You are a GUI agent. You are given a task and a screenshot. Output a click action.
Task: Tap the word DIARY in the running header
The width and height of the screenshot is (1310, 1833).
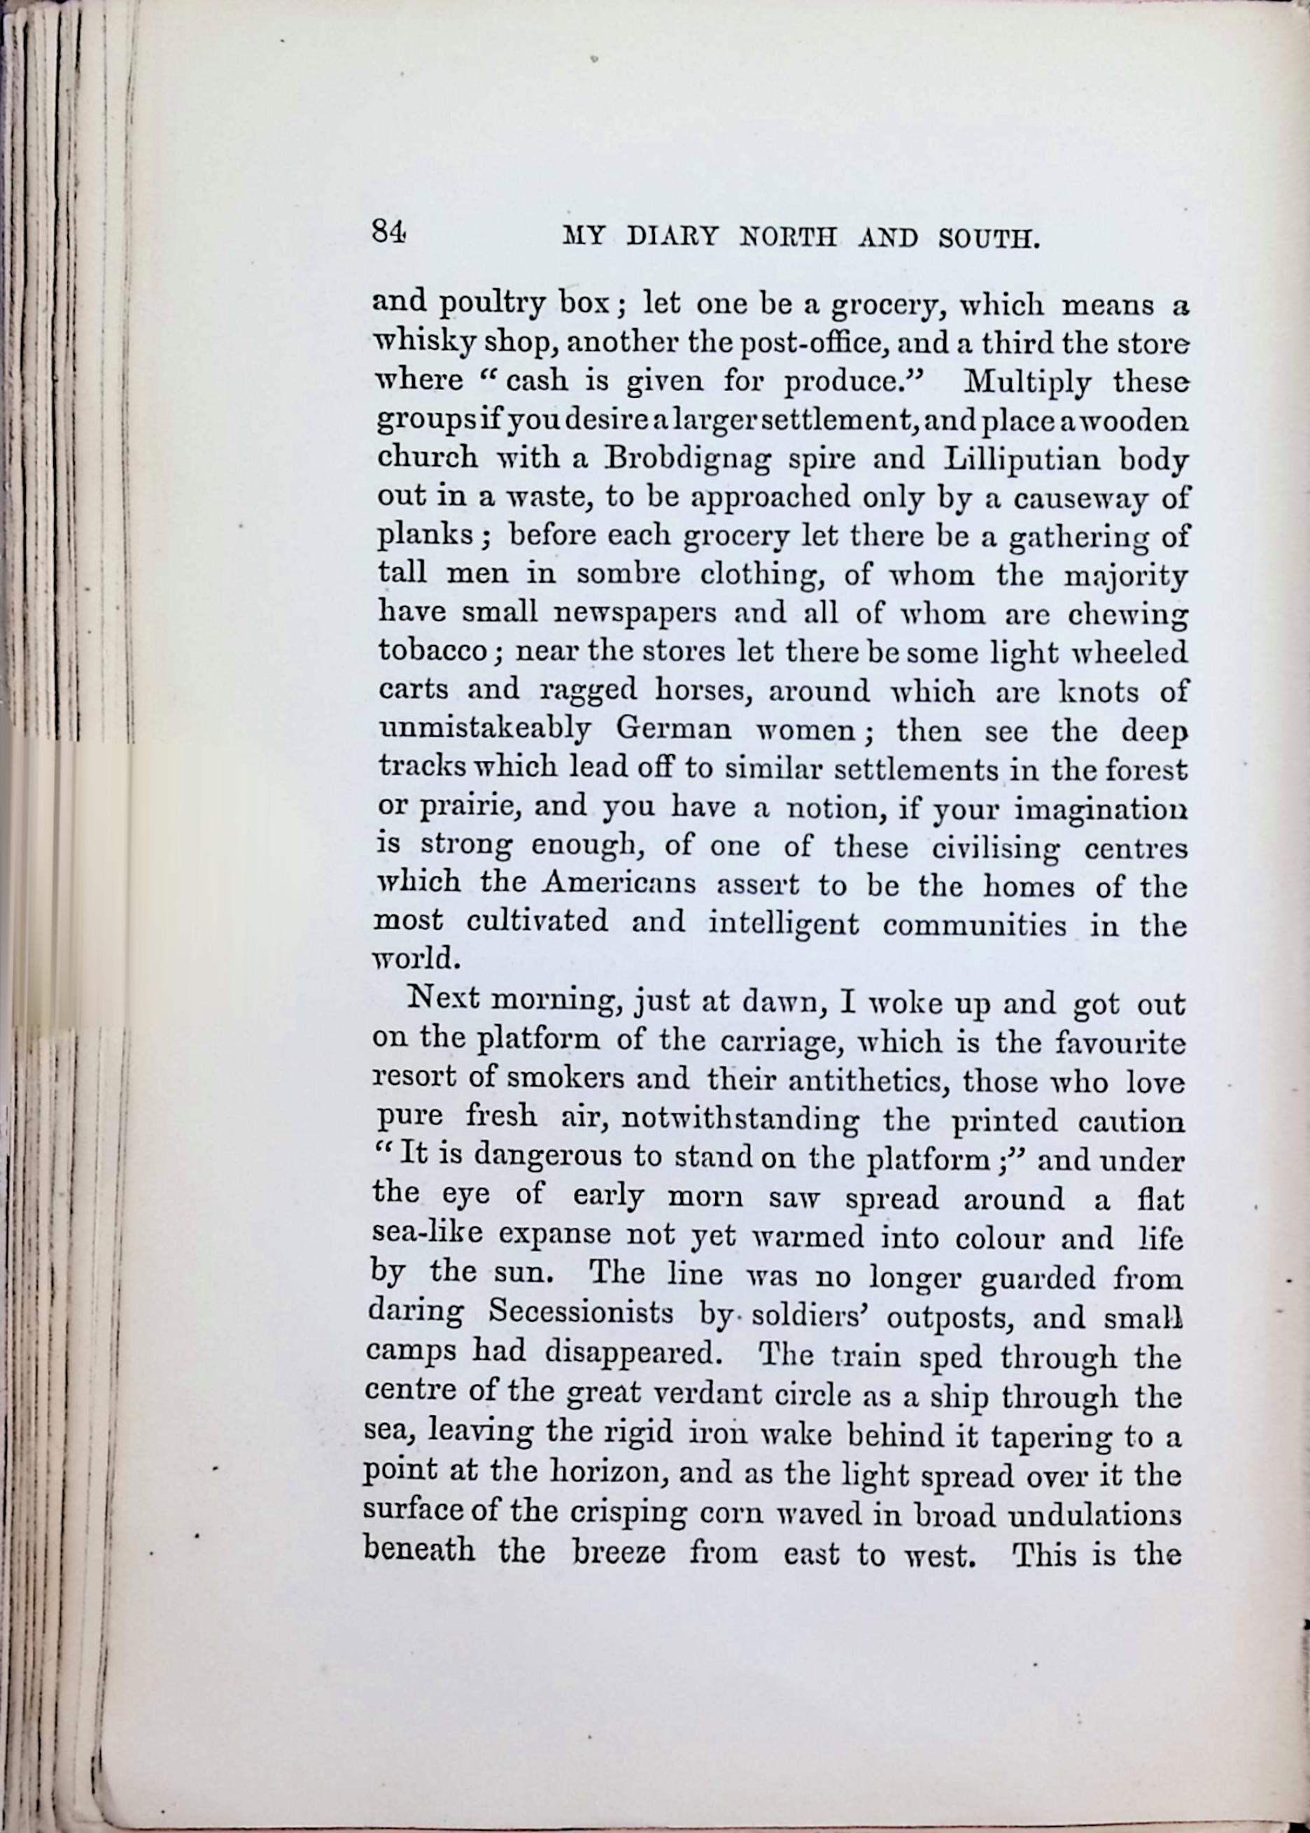(x=672, y=238)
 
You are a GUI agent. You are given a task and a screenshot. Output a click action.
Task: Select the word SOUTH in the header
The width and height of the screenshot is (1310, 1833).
(x=986, y=239)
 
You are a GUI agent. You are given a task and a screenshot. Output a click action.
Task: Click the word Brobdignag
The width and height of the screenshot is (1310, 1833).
(x=687, y=459)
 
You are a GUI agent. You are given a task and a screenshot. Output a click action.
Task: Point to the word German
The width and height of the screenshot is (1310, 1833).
(x=674, y=729)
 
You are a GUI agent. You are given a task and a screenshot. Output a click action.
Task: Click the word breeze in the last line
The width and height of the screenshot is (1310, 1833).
(x=619, y=1552)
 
